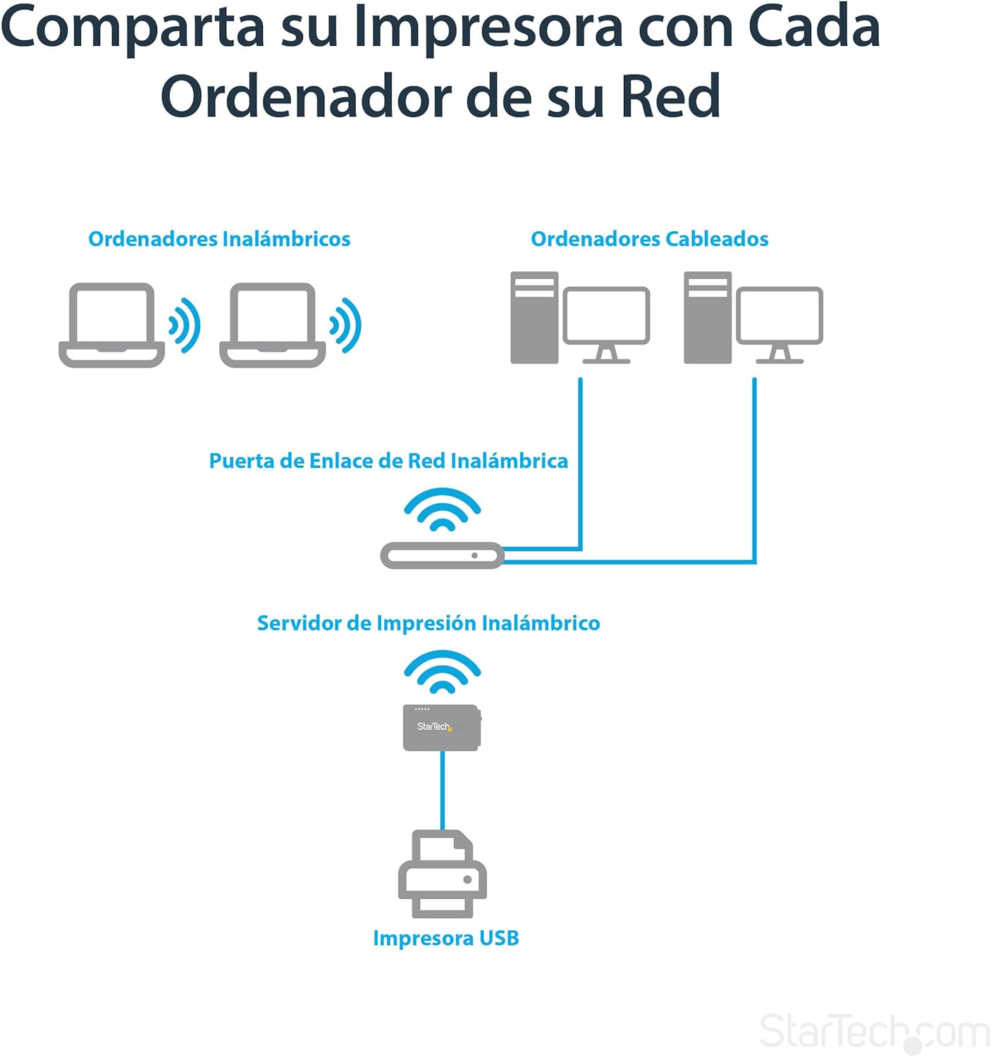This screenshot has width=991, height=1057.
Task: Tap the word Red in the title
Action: coord(671,96)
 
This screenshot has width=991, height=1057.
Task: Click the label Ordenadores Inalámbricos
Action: coord(219,239)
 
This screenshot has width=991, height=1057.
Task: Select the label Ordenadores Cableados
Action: coord(650,239)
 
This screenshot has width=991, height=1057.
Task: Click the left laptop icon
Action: coord(111,325)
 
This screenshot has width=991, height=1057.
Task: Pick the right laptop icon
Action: coord(272,325)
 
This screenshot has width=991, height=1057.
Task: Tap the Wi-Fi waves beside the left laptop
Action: coord(185,325)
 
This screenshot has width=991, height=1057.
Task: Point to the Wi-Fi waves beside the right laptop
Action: coord(345,325)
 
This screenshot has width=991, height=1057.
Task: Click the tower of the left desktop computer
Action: coord(534,318)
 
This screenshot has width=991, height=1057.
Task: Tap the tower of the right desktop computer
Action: coord(708,318)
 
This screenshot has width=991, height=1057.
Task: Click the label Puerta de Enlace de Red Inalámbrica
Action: coord(388,461)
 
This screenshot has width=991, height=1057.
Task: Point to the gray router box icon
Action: coord(442,556)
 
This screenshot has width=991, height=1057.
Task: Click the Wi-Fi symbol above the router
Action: coord(443,509)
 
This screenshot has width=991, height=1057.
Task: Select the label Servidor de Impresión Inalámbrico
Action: coord(429,623)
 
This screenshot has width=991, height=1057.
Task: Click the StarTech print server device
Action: coord(442,727)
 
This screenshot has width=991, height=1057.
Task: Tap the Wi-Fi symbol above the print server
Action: coord(443,672)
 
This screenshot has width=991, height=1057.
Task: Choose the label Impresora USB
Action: coord(445,939)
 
